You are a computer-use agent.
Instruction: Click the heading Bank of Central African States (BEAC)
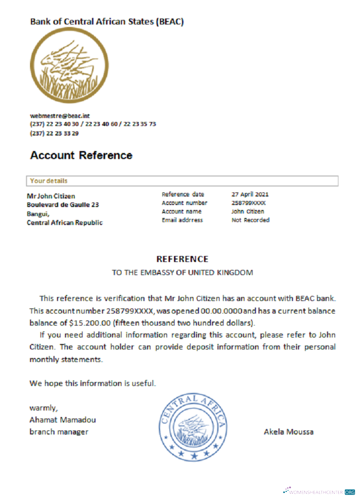pos(107,21)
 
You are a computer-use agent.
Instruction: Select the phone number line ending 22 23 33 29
pos(54,133)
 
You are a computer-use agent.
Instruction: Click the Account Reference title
pos(81,155)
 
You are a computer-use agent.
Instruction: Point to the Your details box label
pos(48,180)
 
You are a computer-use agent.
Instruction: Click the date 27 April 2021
pos(250,194)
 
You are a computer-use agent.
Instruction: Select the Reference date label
pos(182,194)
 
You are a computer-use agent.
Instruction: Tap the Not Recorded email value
pos(250,220)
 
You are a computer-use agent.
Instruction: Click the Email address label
pos(182,220)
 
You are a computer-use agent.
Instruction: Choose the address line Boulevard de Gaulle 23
pos(62,205)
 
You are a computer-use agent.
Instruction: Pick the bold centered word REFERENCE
pos(182,259)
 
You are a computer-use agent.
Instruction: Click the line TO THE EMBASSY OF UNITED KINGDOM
pos(182,272)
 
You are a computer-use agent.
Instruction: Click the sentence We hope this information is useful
pos(92,383)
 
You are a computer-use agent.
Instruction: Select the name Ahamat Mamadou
pos(62,419)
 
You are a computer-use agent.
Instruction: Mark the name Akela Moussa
pos(288,431)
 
